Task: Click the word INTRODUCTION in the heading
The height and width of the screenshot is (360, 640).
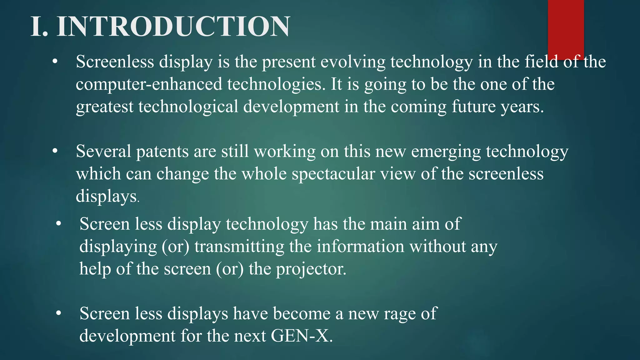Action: click(173, 27)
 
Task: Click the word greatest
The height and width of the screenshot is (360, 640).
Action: click(105, 107)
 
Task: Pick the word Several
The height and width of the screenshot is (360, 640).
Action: click(103, 151)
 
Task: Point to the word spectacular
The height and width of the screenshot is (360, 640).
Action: click(333, 174)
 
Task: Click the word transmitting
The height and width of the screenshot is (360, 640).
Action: click(239, 247)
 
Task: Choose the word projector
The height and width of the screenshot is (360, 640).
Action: click(311, 269)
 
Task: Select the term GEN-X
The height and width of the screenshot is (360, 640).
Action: click(302, 336)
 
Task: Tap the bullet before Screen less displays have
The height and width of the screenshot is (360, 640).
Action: click(58, 313)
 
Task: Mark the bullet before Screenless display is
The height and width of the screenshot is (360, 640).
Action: click(55, 62)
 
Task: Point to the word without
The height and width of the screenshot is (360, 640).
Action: click(438, 246)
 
